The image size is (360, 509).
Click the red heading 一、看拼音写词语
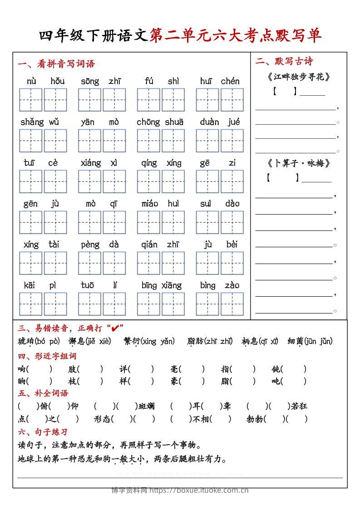[56, 64]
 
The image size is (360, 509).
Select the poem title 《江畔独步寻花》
[298, 77]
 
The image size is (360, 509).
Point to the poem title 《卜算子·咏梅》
[298, 163]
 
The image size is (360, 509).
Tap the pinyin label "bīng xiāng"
[161, 285]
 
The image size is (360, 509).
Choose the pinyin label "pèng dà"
[100, 245]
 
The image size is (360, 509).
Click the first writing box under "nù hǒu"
[31, 100]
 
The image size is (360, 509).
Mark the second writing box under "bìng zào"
[232, 304]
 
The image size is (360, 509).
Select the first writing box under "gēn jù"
[31, 222]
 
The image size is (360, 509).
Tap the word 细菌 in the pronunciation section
[295, 341]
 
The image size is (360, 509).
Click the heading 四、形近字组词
[47, 356]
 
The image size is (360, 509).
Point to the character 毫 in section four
[175, 369]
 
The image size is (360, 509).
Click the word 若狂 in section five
[299, 406]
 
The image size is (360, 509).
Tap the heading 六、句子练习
[43, 432]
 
